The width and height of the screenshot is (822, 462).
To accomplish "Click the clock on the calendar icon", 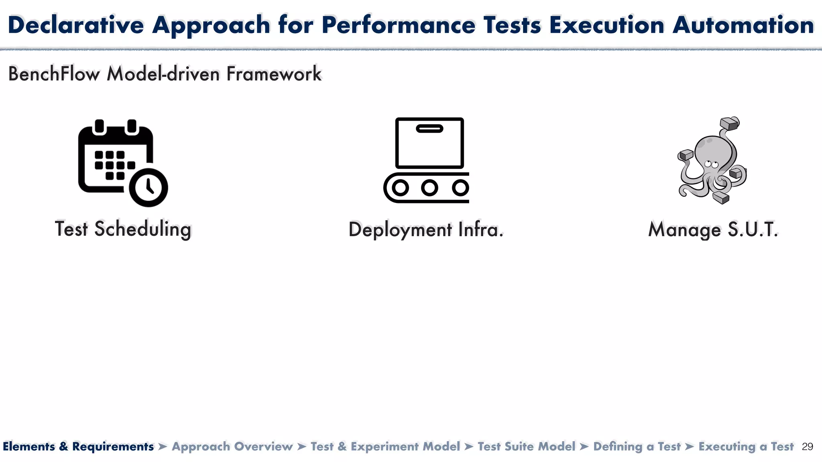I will click(x=148, y=187).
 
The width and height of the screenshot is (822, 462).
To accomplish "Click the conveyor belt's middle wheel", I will click(x=429, y=188).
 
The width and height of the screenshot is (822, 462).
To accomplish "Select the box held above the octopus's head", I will click(x=729, y=124).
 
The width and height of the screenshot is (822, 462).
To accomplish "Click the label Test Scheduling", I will click(x=123, y=229).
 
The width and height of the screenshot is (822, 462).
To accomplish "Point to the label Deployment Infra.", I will click(x=426, y=230).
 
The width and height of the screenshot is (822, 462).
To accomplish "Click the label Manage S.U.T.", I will click(x=713, y=230).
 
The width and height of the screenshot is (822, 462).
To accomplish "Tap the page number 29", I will click(x=807, y=447).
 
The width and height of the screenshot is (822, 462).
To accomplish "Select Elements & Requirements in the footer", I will click(x=78, y=447).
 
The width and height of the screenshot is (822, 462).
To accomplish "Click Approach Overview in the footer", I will click(x=232, y=447).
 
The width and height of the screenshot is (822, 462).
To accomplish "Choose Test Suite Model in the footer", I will click(x=527, y=447).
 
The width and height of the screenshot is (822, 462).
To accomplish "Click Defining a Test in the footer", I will click(x=637, y=447).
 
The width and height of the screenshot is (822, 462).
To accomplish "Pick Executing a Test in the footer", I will click(x=746, y=447).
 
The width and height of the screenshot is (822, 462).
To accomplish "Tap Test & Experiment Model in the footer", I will click(x=385, y=447).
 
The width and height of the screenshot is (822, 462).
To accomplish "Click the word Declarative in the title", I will click(x=76, y=25).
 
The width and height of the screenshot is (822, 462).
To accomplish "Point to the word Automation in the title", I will click(x=743, y=25).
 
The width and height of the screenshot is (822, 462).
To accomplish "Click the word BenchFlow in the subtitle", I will click(x=54, y=74).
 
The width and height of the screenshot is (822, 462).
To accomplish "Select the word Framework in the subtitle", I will click(x=274, y=74).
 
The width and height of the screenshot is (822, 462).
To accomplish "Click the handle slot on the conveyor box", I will click(x=429, y=129).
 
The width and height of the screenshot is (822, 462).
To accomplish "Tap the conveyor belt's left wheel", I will click(x=400, y=188).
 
